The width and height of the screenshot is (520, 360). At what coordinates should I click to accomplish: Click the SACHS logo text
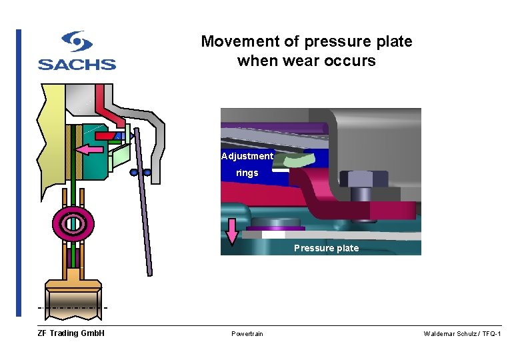[x=77, y=64]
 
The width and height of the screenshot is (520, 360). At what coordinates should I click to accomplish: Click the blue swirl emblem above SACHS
[x=77, y=42]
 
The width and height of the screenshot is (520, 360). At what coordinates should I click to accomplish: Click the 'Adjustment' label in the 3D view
[x=247, y=156]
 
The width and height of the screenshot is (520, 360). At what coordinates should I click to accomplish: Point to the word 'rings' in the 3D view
[x=247, y=173]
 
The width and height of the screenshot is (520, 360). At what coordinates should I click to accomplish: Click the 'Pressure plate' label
[x=326, y=248]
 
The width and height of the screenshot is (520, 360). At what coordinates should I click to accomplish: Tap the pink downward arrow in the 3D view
[x=232, y=231]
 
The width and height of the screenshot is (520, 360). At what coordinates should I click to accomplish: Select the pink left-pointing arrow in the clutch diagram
[x=91, y=149]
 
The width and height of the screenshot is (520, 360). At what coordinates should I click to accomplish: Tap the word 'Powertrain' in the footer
[x=247, y=333]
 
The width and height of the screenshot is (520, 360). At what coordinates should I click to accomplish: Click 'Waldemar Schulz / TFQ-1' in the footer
[x=462, y=333]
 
